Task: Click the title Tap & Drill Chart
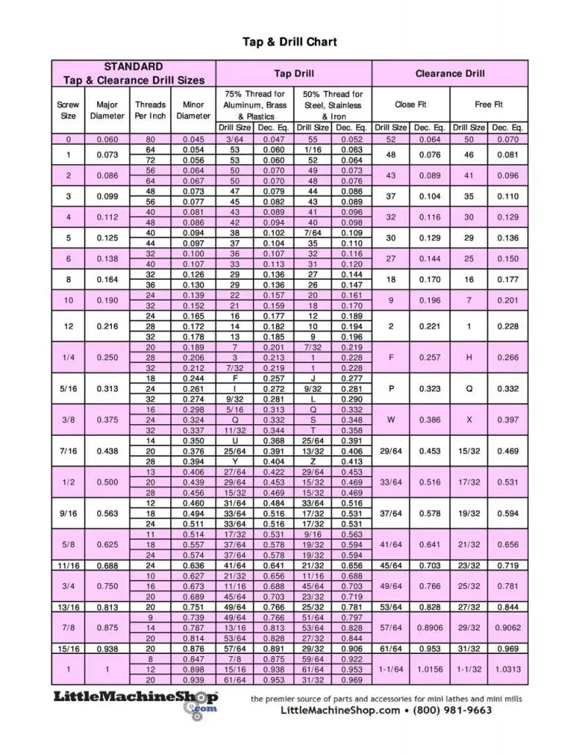[x=290, y=42]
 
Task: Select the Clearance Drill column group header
[x=450, y=74]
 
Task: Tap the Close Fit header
[x=410, y=105]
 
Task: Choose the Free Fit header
[x=489, y=105]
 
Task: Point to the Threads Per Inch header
[x=150, y=110]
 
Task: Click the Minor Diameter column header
[x=194, y=110]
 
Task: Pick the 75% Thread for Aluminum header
[x=255, y=105]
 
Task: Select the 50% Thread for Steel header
[x=333, y=105]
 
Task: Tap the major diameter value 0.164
[x=107, y=280]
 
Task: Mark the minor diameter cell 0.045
[x=194, y=139]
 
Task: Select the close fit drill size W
[x=391, y=418]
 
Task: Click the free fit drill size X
[x=469, y=418]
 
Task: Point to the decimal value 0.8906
[x=430, y=627]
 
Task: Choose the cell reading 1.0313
[x=508, y=669]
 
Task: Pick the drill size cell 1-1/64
[x=391, y=669]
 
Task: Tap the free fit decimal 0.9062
[x=508, y=627]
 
